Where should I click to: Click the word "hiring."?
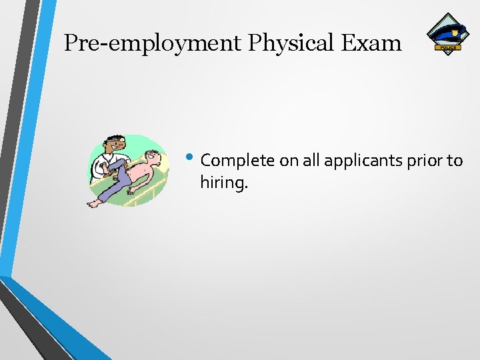[x=223, y=182]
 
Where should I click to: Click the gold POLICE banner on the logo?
[x=447, y=47]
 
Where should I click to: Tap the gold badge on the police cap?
[x=456, y=31]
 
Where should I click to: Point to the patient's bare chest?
[x=141, y=175]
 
